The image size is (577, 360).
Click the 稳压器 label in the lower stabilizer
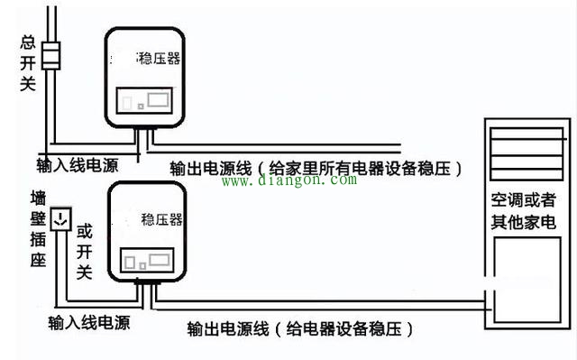162,219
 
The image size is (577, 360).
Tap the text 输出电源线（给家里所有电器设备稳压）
316,167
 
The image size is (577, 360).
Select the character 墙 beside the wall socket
38,198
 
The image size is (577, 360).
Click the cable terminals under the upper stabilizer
142,134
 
